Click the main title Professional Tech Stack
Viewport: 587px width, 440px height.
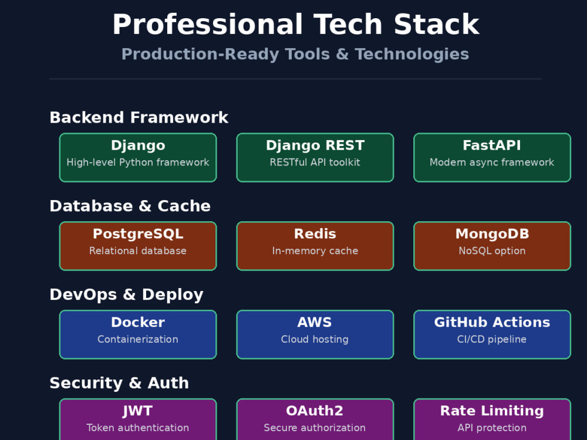point(296,25)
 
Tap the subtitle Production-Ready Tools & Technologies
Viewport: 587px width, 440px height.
point(295,54)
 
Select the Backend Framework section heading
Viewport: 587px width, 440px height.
point(139,117)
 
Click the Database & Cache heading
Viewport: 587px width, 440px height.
point(130,206)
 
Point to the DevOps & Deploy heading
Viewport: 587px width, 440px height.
point(127,295)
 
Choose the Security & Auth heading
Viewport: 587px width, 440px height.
point(119,383)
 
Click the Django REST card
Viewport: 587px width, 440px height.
point(315,157)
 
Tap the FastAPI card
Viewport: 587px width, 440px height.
point(492,157)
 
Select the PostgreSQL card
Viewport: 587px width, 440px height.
point(138,246)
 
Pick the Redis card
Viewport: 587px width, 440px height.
point(315,246)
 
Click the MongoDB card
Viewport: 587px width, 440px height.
point(492,246)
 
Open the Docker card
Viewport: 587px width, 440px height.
point(138,334)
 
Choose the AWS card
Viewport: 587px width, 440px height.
point(315,334)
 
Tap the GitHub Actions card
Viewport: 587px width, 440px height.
point(492,334)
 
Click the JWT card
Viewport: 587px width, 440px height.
point(138,419)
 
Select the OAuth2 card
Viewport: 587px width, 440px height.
point(315,419)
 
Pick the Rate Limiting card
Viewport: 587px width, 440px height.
point(492,419)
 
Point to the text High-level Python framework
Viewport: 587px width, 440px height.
point(138,163)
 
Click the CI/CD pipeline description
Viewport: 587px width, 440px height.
point(492,339)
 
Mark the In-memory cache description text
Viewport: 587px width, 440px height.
point(315,251)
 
